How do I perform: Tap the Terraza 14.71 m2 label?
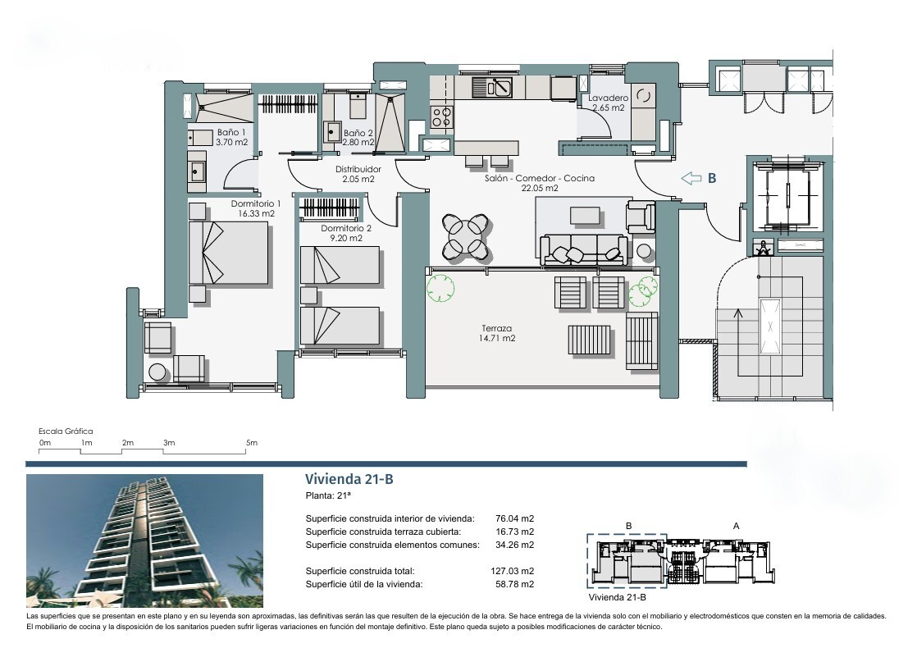tap(498, 333)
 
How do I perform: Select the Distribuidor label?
tap(358, 174)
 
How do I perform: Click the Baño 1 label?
tap(231, 137)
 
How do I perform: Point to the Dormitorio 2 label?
tap(346, 233)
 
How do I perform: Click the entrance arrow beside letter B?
tap(691, 178)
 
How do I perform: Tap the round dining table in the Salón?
tap(466, 236)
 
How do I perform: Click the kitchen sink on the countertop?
tap(492, 88)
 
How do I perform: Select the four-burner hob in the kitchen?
tap(441, 116)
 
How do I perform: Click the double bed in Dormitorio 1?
tap(229, 253)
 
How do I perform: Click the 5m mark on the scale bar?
tap(252, 443)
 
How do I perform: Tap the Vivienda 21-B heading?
tap(349, 480)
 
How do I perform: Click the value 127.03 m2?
tap(513, 571)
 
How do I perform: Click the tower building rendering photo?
tap(144, 541)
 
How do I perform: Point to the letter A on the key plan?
tap(737, 526)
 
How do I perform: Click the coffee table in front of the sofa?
tap(585, 216)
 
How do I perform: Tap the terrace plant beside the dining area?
tap(441, 287)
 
